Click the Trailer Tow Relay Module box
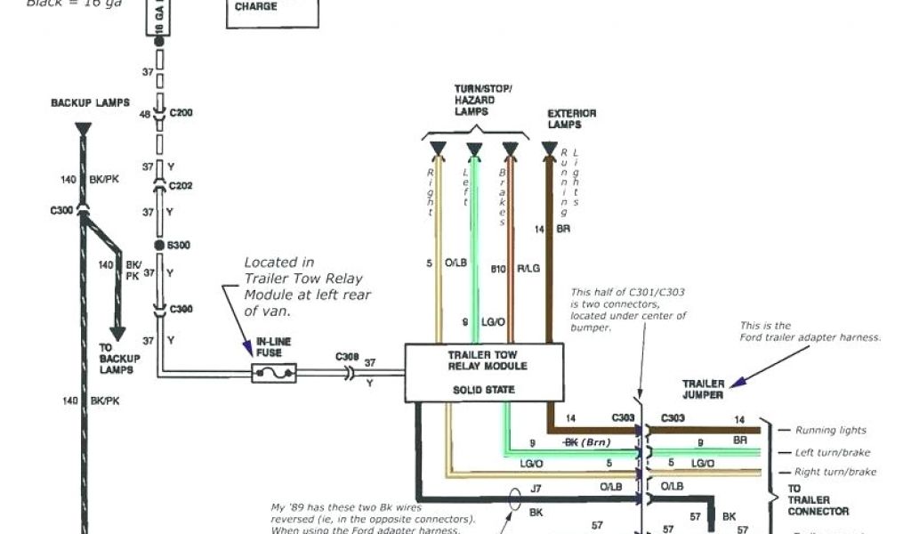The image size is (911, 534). click(484, 372)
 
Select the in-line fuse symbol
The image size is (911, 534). click(274, 374)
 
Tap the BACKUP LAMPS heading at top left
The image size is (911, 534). click(90, 103)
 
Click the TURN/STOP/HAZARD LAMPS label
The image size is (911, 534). click(483, 100)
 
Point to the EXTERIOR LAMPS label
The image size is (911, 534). click(572, 119)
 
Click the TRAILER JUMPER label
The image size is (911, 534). click(703, 389)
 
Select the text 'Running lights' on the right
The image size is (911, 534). click(830, 430)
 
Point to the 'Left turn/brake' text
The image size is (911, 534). click(833, 452)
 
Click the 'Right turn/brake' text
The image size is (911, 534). click(835, 472)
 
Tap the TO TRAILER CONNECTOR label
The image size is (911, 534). click(818, 500)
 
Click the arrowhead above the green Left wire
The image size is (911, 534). click(474, 149)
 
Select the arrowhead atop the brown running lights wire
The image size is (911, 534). click(549, 149)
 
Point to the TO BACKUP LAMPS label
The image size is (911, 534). click(118, 356)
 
